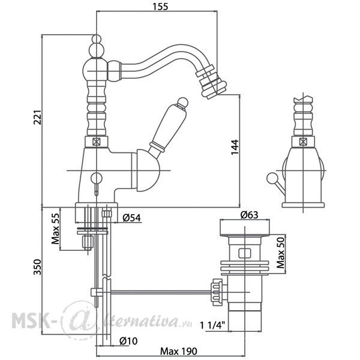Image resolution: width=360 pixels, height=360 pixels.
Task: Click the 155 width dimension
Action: coord(160,7)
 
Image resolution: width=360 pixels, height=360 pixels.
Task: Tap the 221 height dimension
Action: coord(37,118)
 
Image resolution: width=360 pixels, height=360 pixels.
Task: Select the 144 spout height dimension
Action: coord(235,147)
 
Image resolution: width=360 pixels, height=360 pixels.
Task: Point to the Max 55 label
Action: coord(55,229)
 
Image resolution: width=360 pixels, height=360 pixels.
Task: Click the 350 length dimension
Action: coord(37,267)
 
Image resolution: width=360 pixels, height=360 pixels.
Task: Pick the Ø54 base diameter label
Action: coord(131,218)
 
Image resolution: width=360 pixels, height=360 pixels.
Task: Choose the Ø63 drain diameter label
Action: coord(249,215)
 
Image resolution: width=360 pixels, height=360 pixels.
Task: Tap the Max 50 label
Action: coord(281,253)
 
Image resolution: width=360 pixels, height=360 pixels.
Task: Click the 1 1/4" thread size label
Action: coord(212,325)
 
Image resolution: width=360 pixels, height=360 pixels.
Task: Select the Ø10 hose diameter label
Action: coord(128,341)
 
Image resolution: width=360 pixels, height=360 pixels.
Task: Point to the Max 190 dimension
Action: coord(179,351)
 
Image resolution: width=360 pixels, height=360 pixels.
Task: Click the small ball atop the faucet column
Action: coord(97,38)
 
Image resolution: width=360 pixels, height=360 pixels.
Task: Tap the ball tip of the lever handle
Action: coord(183,102)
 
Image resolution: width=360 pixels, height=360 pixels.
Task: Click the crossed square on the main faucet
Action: coord(97,142)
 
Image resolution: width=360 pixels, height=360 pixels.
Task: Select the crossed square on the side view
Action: coord(303,142)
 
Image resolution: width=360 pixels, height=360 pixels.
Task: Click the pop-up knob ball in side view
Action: coord(272,178)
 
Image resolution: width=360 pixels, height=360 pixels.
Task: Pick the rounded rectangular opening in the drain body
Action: coord(245,253)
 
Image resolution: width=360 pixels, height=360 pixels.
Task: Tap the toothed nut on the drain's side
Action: coord(217,292)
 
